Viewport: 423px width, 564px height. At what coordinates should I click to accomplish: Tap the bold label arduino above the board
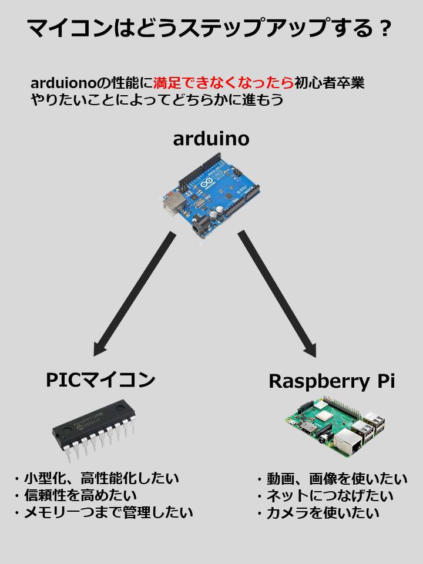(211, 139)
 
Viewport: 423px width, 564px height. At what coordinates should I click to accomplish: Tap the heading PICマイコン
(100, 380)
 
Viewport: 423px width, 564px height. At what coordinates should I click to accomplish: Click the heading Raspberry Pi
(331, 381)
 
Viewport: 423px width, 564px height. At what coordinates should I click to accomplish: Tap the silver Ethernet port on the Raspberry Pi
(355, 444)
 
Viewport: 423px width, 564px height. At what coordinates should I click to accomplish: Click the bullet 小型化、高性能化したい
(97, 478)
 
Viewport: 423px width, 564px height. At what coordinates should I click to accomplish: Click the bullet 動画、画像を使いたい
(331, 478)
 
